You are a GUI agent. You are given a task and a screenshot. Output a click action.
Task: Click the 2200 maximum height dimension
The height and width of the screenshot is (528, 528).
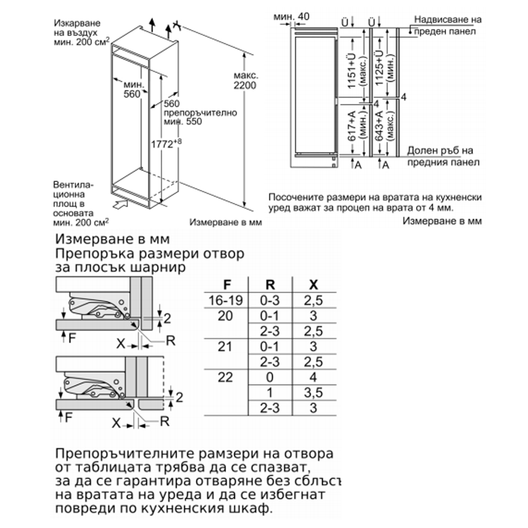click(244, 86)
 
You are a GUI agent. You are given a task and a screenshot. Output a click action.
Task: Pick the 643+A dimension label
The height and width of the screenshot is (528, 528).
click(378, 129)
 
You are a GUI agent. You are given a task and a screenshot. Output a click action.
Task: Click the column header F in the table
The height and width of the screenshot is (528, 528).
click(227, 285)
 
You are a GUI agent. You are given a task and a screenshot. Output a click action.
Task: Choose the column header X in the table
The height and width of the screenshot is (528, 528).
click(314, 285)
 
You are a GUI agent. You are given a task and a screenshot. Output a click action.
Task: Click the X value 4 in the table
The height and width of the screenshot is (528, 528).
click(314, 378)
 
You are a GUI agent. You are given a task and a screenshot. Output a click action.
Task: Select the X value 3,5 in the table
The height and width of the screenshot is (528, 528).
click(314, 393)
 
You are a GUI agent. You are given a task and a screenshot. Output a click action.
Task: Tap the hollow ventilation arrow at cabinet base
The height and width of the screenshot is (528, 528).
click(120, 202)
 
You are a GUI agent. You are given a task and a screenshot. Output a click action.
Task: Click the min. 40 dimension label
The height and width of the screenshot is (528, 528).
click(291, 16)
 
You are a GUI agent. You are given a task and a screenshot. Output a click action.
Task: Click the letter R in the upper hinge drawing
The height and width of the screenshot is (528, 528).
click(170, 341)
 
